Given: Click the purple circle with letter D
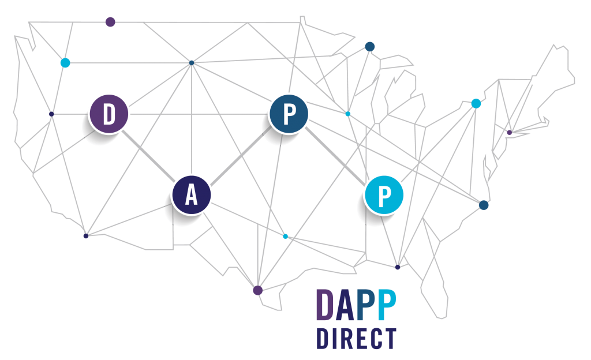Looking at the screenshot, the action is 109,114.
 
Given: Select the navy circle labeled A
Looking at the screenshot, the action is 192,195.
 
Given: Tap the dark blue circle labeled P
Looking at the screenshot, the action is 289,114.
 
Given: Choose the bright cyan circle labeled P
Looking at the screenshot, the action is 384,195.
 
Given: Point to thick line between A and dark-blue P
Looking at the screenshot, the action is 241,155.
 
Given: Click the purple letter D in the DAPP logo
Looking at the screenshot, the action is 325,305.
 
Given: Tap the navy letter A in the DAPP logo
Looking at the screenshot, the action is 345,305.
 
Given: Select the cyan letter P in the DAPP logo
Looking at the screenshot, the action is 387,305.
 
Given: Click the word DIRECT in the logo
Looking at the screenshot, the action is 357,338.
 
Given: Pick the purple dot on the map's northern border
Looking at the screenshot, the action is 110,22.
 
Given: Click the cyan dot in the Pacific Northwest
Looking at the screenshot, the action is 65,62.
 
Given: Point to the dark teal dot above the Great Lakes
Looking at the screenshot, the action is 370,47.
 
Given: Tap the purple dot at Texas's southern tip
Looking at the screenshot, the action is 258,290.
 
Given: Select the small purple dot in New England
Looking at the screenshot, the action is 510,133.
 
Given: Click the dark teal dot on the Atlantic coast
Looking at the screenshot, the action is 484,205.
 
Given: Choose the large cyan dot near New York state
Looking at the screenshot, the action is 476,103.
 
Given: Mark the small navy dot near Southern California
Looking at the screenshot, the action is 86,236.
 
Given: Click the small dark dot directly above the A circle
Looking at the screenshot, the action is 192,63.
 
